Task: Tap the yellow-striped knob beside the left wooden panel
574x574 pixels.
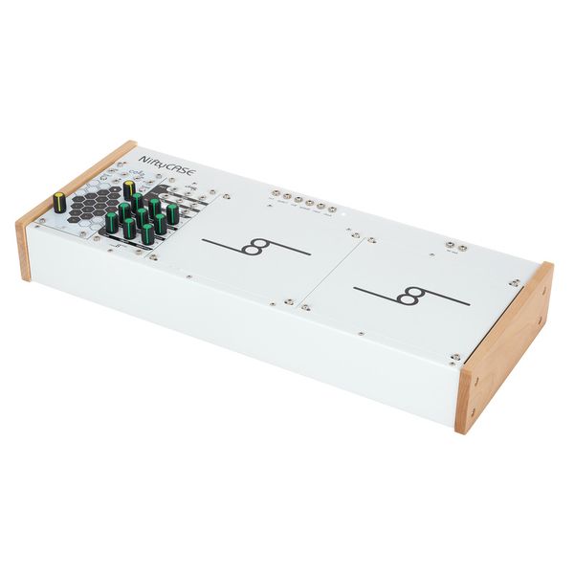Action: (60, 201)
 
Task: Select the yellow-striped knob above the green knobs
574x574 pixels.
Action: (129, 188)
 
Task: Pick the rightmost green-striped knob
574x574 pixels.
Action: (172, 212)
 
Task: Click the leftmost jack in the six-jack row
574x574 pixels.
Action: (275, 195)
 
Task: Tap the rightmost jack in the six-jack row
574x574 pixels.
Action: (332, 208)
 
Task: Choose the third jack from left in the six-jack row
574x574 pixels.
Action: (298, 200)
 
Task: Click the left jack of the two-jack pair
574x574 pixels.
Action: (451, 246)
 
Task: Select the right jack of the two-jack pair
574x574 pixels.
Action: (462, 249)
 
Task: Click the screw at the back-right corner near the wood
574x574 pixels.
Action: (516, 282)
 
